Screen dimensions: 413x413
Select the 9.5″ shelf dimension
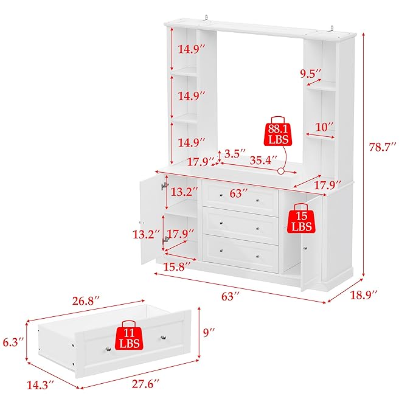pos(310,74)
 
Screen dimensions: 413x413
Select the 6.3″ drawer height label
pos(12,342)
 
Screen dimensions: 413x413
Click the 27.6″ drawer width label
pos(147,384)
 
